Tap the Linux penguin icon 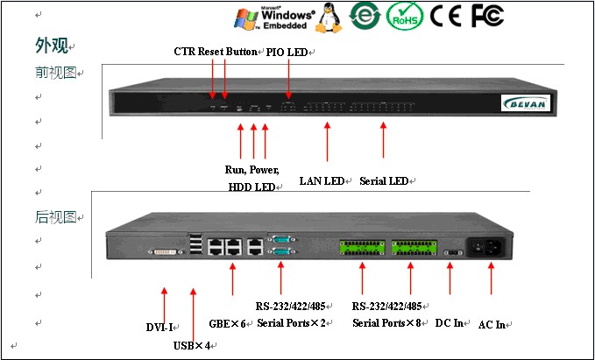click(330, 18)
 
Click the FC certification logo click(487, 16)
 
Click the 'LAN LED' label click(322, 181)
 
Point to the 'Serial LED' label click(384, 181)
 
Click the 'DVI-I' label click(159, 328)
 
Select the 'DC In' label click(450, 323)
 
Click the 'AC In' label click(492, 324)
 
